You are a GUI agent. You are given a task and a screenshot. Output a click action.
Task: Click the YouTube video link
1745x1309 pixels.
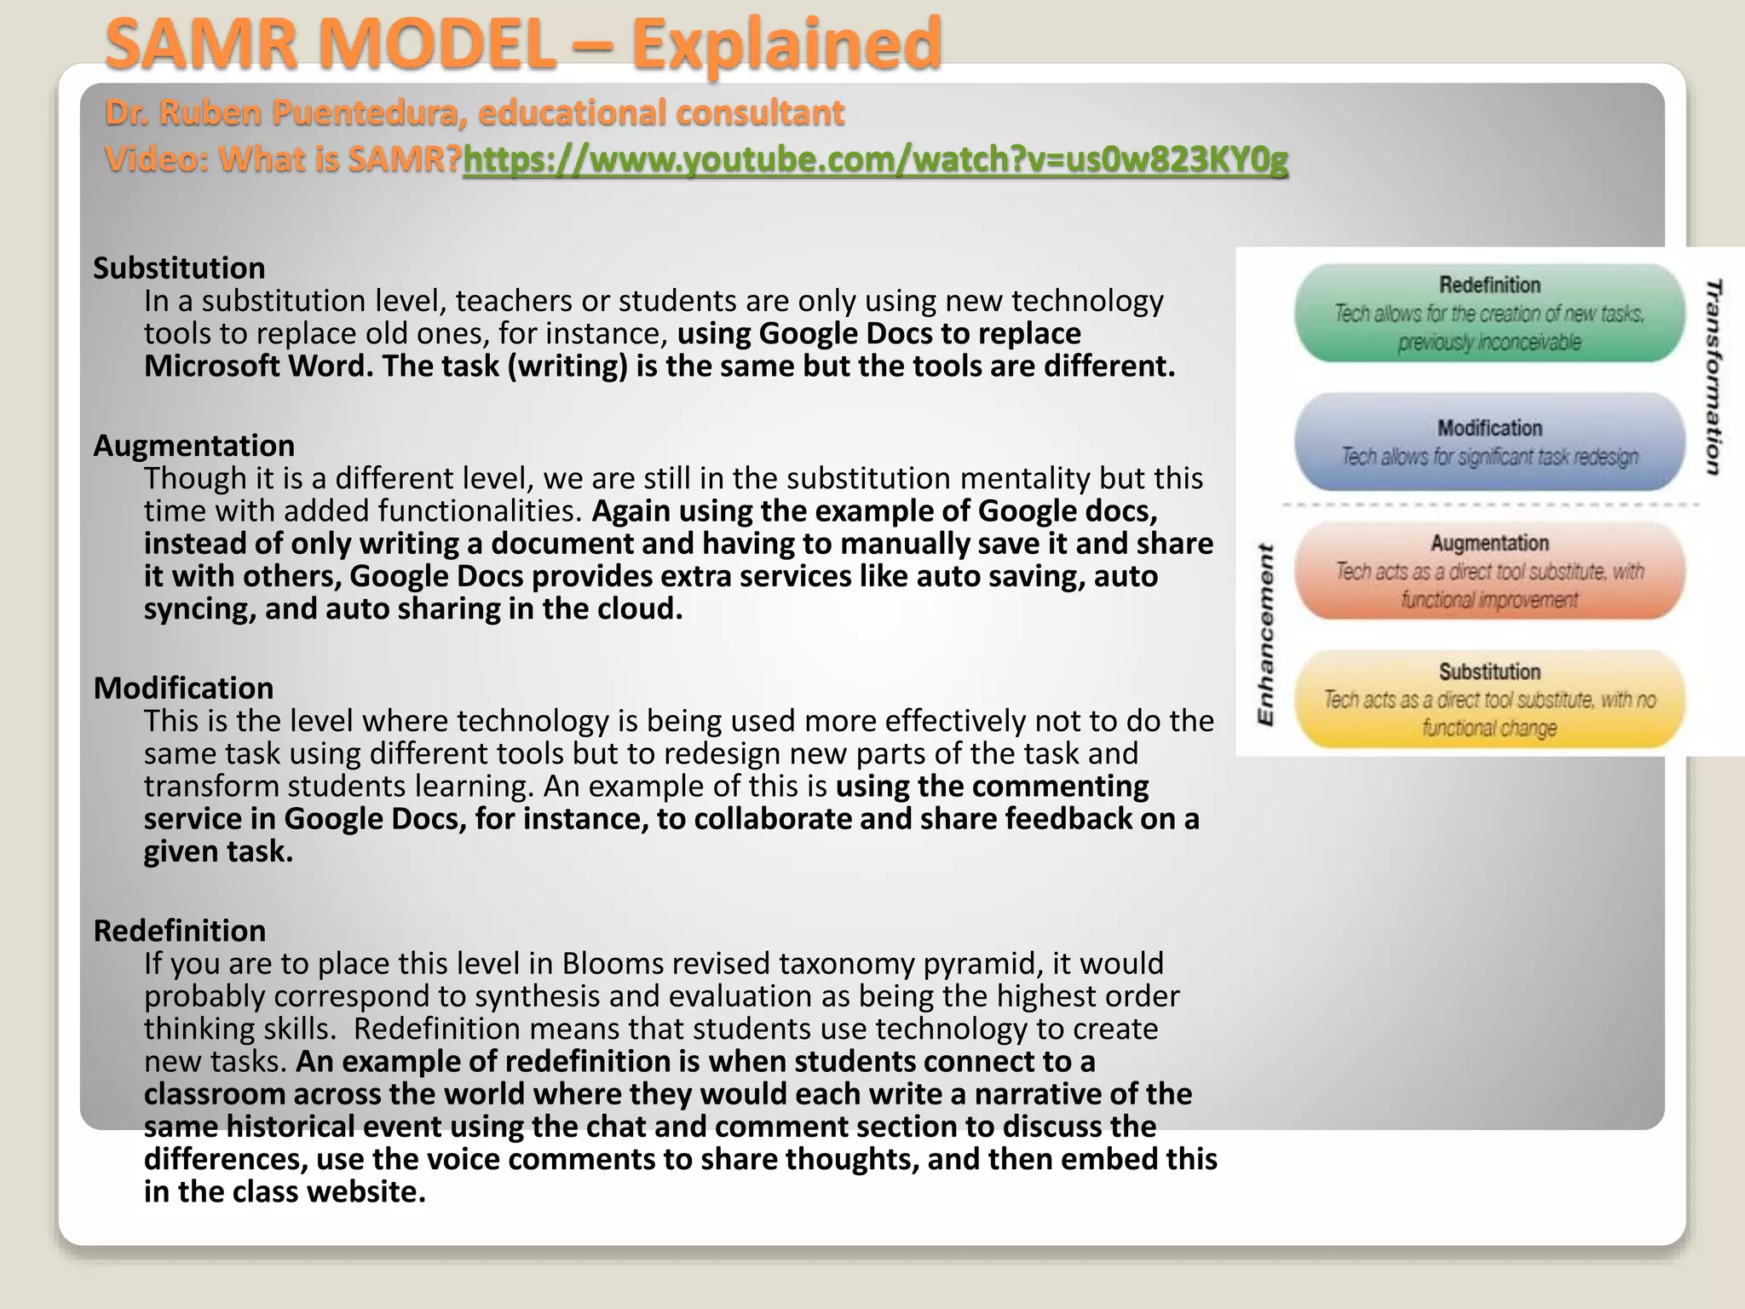(x=875, y=159)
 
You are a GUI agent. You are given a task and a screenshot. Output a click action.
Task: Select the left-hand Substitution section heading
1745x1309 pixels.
(x=179, y=268)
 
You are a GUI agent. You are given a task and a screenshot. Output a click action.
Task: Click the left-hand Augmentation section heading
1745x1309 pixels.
(x=194, y=446)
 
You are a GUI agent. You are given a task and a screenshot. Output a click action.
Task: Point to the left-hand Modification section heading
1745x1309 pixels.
(x=184, y=689)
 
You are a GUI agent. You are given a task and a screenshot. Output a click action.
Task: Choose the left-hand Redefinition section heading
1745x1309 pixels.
(x=180, y=931)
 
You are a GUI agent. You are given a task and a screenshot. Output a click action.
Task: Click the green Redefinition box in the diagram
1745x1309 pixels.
(x=1489, y=314)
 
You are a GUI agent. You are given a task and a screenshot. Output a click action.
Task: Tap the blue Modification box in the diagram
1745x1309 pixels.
(x=1489, y=442)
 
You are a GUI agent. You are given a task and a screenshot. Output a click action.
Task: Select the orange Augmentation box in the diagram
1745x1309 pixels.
(x=1489, y=571)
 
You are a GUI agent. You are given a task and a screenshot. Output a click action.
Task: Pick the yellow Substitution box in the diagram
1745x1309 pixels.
(x=1489, y=700)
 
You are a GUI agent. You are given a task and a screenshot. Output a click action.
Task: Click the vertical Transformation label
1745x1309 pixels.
(x=1713, y=377)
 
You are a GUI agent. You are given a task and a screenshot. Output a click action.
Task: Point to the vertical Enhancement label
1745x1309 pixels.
(x=1266, y=635)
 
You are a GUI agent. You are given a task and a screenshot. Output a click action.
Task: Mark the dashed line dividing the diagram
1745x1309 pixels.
(x=1489, y=505)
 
